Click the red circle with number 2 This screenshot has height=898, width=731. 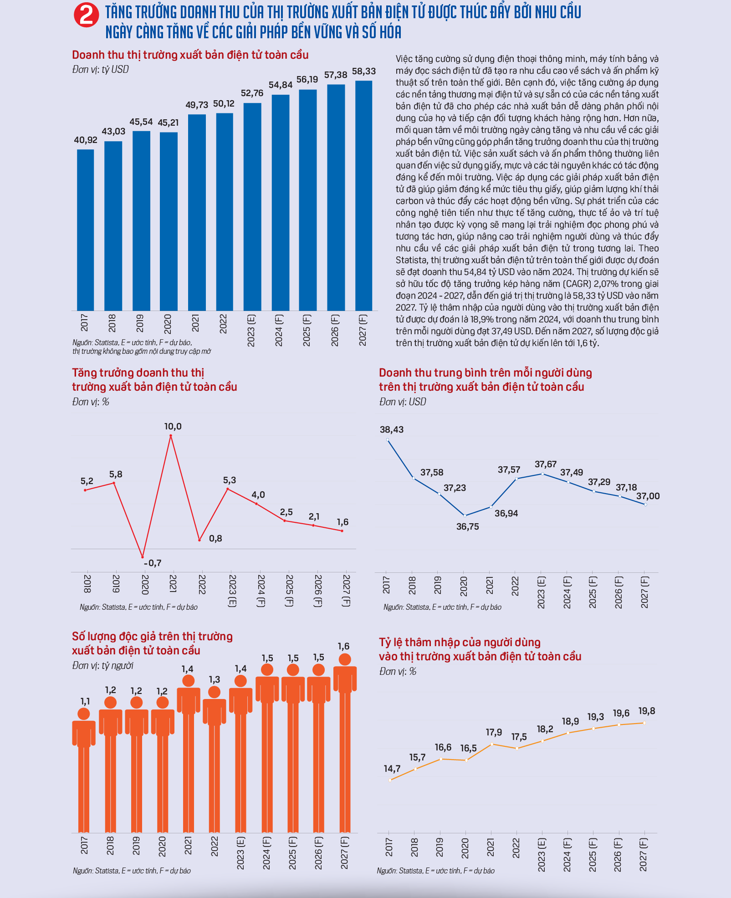click(x=86, y=15)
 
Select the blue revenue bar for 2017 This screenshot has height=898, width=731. click(x=86, y=230)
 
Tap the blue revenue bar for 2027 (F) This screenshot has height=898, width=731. click(x=363, y=196)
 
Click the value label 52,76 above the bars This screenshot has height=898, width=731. click(x=252, y=93)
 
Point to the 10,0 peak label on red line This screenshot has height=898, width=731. click(x=173, y=426)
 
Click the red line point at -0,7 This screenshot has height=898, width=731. click(x=143, y=556)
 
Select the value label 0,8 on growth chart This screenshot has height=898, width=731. click(x=216, y=538)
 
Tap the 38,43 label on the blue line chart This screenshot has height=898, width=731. click(x=392, y=429)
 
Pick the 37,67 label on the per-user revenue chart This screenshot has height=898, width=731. click(x=546, y=464)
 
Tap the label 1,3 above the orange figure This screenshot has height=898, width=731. click(x=215, y=679)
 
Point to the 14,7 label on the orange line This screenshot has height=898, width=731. click(x=392, y=769)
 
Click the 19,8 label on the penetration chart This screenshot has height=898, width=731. click(x=647, y=711)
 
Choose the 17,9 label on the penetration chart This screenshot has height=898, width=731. click(x=494, y=732)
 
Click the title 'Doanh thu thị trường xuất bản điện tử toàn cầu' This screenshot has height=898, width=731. click(x=190, y=55)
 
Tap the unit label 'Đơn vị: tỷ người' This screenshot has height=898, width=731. click(x=103, y=666)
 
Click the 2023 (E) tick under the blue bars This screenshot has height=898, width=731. click(x=251, y=330)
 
